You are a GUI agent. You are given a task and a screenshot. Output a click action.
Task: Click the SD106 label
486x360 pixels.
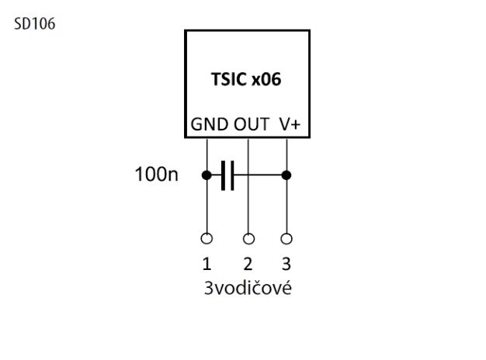(35, 24)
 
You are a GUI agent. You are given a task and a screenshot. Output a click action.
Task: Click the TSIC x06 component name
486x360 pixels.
(246, 79)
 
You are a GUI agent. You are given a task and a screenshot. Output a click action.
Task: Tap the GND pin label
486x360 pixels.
(210, 125)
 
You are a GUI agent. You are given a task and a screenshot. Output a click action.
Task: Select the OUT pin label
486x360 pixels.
(252, 125)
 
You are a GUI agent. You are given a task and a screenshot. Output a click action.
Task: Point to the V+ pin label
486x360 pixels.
(290, 125)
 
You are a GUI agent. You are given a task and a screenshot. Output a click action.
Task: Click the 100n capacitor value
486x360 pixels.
(157, 174)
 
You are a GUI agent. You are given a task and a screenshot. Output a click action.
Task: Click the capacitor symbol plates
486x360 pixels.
(227, 175)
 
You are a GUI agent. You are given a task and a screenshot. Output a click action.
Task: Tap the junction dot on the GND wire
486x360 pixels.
(207, 175)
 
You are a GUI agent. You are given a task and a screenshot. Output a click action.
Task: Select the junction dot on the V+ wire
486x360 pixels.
(286, 175)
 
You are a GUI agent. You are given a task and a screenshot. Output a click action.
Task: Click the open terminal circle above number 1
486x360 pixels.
(207, 239)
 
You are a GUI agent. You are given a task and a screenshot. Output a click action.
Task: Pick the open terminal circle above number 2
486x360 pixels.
(248, 239)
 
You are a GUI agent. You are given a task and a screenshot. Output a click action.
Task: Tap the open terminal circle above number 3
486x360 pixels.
(286, 239)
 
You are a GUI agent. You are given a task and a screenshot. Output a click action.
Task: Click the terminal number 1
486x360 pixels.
(207, 264)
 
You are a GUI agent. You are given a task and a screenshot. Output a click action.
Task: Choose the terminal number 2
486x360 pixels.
(248, 264)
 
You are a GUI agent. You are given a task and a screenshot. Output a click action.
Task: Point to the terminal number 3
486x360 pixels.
(286, 264)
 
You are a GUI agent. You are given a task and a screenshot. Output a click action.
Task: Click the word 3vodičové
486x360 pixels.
(248, 288)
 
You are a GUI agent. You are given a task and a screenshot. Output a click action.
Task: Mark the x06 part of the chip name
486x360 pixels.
(266, 79)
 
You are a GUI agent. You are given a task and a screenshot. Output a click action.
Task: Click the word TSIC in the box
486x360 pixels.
(229, 79)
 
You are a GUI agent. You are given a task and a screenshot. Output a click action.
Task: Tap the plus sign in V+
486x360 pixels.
(296, 125)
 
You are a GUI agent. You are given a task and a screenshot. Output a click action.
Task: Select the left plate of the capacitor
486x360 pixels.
(223, 175)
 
